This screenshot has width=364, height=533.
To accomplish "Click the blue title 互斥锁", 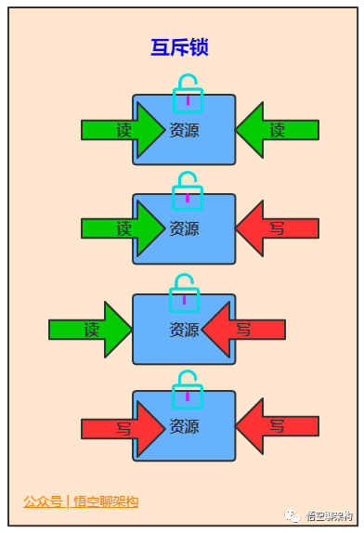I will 178,47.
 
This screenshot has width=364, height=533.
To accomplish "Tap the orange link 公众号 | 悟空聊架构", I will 81,501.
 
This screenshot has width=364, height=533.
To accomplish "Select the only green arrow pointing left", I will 276,130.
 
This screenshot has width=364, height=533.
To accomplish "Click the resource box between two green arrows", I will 184,131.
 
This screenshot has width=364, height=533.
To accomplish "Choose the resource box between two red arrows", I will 184,427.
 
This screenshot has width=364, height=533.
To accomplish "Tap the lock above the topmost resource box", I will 188,93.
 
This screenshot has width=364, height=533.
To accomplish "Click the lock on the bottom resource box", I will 188,389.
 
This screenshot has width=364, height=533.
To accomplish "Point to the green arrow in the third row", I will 91,329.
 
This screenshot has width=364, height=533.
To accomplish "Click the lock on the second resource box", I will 188,191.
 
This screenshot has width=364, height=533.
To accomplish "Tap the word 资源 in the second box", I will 184,228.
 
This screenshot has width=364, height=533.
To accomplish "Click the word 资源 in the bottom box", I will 184,427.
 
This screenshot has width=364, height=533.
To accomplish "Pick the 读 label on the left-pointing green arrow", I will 277,130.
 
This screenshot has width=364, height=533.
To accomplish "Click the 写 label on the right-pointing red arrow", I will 123,428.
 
